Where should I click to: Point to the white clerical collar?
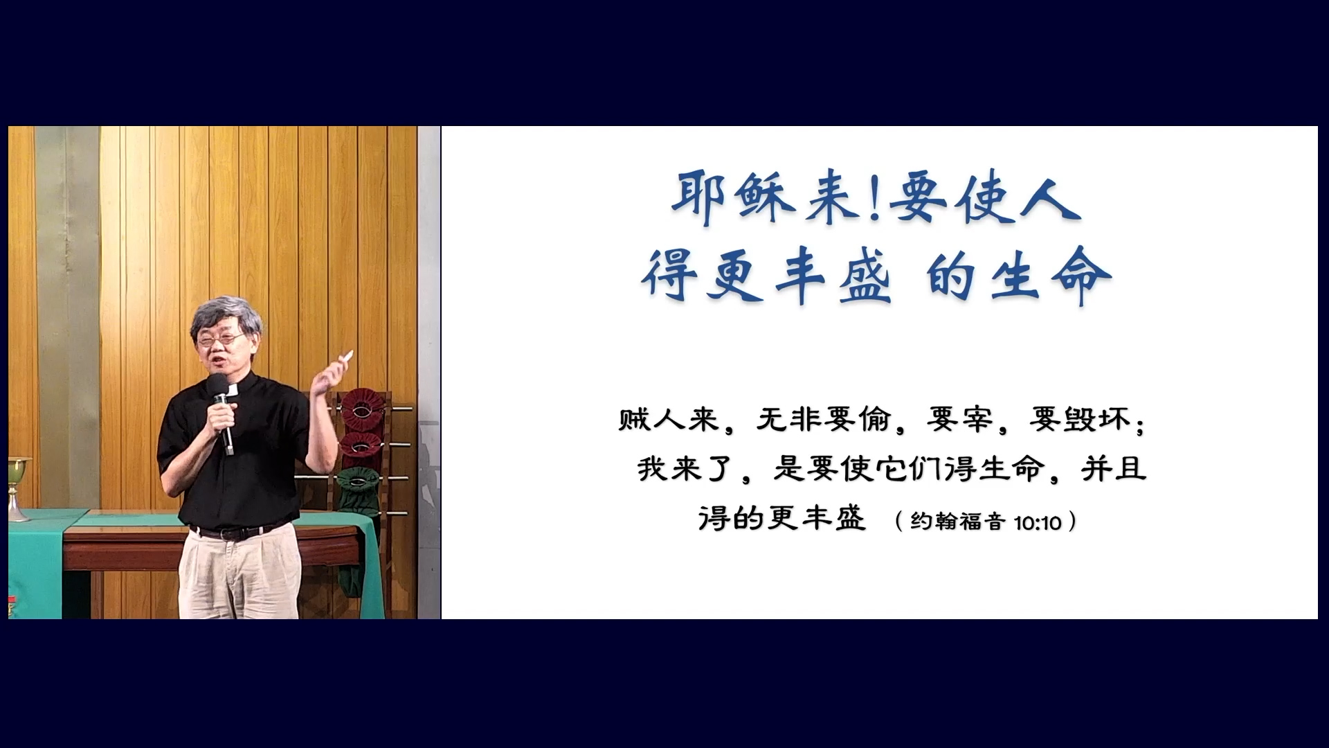click(x=233, y=391)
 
